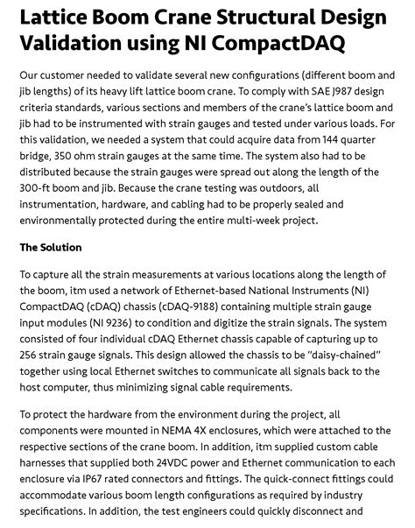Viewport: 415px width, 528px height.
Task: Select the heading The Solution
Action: pos(51,248)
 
